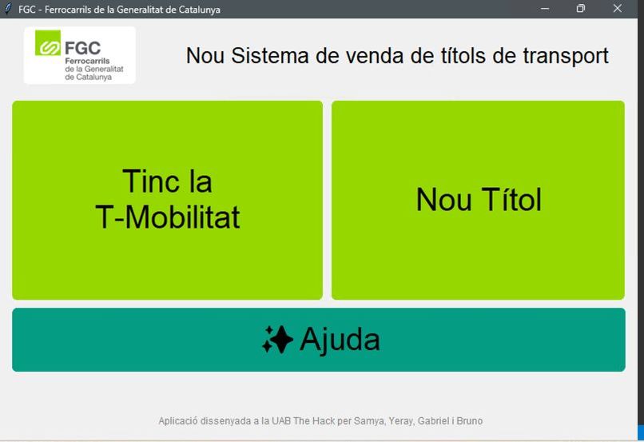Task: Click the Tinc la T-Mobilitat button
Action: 167,200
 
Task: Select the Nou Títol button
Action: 478,200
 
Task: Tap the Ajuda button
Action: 318,340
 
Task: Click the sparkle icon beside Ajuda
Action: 277,340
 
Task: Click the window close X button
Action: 617,9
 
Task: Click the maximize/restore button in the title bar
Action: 581,9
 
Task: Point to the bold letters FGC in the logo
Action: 82,47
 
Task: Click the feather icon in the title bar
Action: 8,9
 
